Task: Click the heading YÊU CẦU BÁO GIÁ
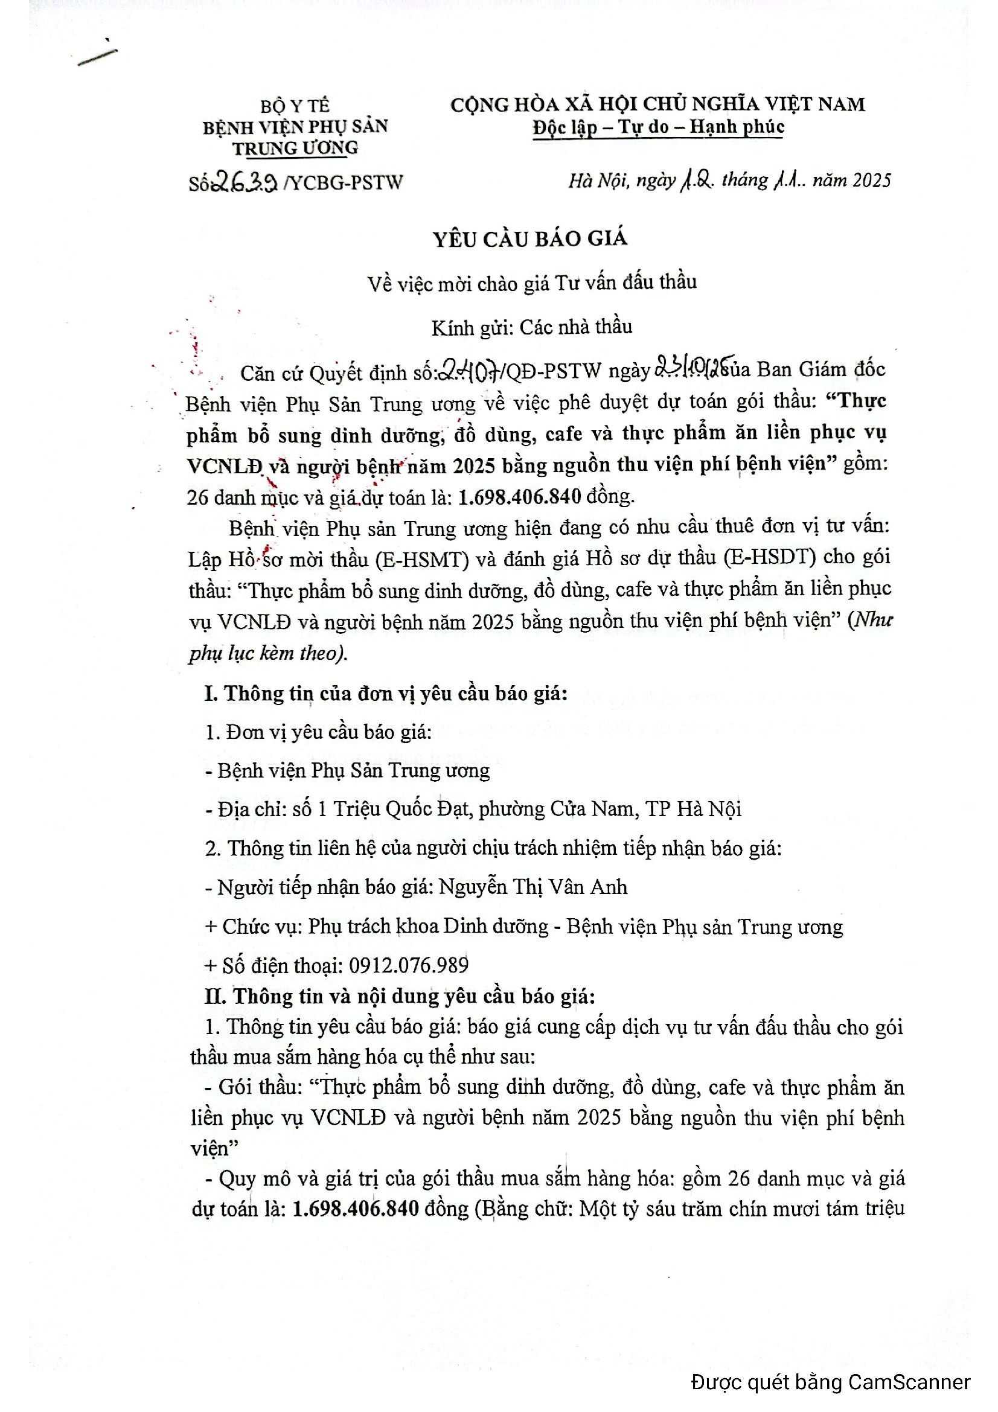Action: [530, 238]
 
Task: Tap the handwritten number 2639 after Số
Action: [245, 182]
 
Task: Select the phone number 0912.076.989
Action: [409, 965]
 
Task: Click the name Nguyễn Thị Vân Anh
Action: [533, 887]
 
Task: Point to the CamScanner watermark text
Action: [830, 1382]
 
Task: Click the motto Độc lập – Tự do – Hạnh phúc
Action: [659, 127]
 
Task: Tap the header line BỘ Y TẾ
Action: [295, 106]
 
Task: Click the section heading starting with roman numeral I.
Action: [386, 693]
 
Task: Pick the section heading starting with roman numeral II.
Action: [400, 995]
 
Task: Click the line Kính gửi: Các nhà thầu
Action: [532, 327]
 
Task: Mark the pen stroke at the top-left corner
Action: [97, 56]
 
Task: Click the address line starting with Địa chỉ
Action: [473, 809]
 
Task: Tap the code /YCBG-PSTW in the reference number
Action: [343, 183]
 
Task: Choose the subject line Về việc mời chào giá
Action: [532, 283]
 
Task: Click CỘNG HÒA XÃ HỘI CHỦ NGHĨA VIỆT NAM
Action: [657, 104]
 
